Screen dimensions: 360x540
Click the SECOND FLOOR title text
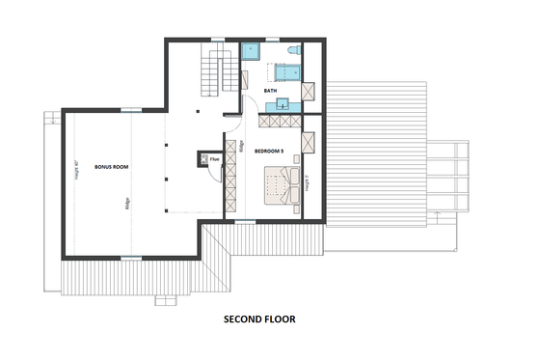point(259,318)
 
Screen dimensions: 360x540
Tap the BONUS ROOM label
point(111,167)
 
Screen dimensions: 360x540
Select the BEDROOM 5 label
point(269,152)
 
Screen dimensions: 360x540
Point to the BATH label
point(271,91)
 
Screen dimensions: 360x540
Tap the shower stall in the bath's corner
point(254,50)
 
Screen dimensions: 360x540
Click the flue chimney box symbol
point(203,157)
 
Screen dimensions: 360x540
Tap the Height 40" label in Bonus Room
point(75,171)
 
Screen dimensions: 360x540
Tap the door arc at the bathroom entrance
point(247,107)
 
